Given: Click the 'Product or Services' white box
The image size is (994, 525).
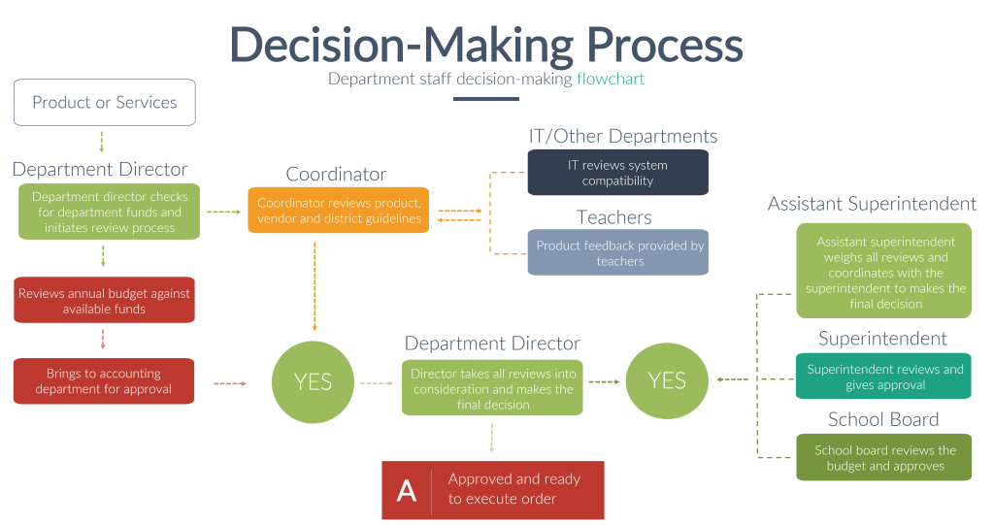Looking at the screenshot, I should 104,103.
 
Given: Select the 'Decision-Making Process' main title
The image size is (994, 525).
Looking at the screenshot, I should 485,45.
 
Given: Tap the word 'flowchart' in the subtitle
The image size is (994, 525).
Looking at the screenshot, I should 611,79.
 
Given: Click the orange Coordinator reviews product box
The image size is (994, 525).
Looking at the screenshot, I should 338,211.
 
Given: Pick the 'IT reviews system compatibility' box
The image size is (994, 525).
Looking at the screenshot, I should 617,173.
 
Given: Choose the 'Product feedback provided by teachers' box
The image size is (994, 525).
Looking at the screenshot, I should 618,252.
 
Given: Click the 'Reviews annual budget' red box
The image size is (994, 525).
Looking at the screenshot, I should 104,301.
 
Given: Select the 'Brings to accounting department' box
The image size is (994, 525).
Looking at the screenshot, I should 104,381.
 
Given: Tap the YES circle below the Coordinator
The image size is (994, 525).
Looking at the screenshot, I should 313,382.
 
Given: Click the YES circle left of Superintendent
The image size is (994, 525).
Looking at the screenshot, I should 667,380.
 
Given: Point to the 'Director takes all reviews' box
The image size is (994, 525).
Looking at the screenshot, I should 492,388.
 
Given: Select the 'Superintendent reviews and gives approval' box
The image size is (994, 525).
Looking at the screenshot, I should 884,377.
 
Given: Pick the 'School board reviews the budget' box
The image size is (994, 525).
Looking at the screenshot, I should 884,457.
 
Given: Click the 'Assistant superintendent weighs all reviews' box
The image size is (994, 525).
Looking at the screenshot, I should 884,272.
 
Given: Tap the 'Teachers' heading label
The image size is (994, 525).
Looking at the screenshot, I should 613,217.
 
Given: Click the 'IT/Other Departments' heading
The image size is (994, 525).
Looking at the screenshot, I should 622,137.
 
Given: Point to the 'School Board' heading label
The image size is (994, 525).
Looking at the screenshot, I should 882,419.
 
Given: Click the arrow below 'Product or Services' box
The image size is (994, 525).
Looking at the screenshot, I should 102,142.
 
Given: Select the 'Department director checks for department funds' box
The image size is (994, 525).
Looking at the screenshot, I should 110,212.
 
